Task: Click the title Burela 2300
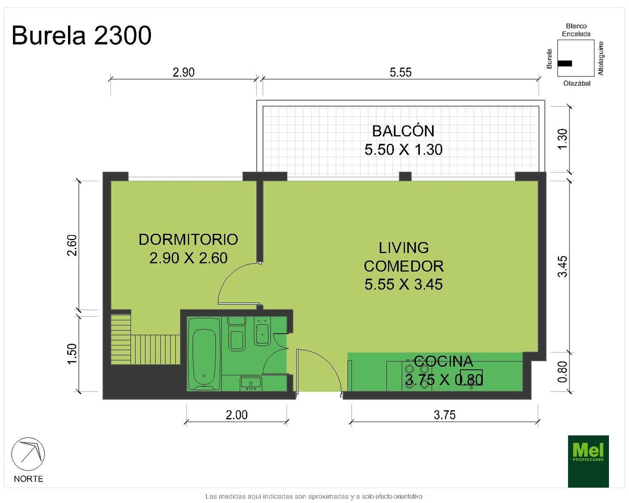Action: point(82,35)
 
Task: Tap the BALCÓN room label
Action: point(403,131)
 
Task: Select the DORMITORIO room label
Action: point(188,239)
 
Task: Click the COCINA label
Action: point(443,361)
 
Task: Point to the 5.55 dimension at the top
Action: point(400,72)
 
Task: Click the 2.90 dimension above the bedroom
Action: point(184,72)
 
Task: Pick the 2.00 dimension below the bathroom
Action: point(237,415)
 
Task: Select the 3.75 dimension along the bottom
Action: point(444,415)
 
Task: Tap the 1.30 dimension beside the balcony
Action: point(562,139)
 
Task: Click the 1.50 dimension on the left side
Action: point(72,353)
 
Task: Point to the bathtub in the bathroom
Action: point(204,353)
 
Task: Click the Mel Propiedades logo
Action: point(588,462)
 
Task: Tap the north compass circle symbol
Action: point(28,454)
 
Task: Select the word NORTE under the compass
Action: point(28,479)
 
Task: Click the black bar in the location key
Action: point(565,63)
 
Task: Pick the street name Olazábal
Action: point(577,83)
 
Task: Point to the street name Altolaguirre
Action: point(601,59)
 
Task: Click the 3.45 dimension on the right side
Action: point(562,266)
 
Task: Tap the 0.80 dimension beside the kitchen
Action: point(562,372)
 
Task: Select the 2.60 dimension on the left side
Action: point(72,245)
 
